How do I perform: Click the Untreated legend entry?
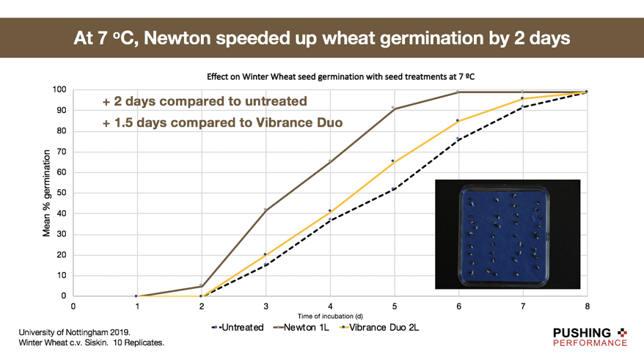pyautogui.click(x=238, y=327)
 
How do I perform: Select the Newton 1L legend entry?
pyautogui.click(x=301, y=327)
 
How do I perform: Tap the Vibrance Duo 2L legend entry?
pyautogui.click(x=379, y=327)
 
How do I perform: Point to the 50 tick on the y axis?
pyautogui.click(x=61, y=193)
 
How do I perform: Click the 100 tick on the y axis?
pyautogui.click(x=59, y=89)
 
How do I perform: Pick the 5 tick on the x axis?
pyautogui.click(x=395, y=306)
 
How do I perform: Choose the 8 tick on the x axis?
pyautogui.click(x=588, y=306)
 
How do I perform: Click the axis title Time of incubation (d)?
pyautogui.click(x=330, y=316)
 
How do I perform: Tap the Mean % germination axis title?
pyautogui.click(x=46, y=193)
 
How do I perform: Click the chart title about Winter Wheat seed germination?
pyautogui.click(x=341, y=77)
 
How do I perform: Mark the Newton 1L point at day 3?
pyautogui.click(x=266, y=210)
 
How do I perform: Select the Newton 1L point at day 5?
pyautogui.click(x=393, y=108)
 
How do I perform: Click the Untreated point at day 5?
pyautogui.click(x=393, y=189)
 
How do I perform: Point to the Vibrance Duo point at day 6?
pyautogui.click(x=458, y=121)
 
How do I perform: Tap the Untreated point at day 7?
pyautogui.click(x=522, y=106)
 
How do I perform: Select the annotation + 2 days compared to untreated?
pyautogui.click(x=205, y=101)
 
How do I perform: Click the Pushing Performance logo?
pyautogui.click(x=590, y=337)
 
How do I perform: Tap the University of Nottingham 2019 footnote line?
pyautogui.click(x=74, y=332)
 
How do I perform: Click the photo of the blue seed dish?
pyautogui.click(x=508, y=234)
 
